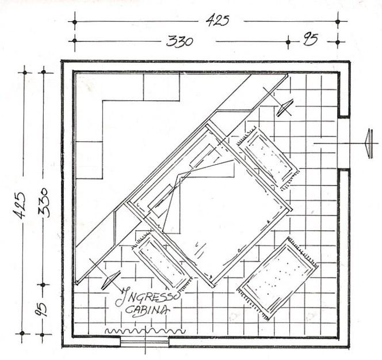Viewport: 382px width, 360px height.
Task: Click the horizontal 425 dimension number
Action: coord(217,21)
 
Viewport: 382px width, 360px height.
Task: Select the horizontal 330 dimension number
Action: coord(179,41)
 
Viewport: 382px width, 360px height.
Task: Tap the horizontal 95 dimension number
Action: coord(311,41)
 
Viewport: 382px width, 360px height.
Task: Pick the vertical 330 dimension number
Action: coord(43,202)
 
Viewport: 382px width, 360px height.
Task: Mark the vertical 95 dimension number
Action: coord(42,310)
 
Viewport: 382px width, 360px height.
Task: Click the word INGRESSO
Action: coord(148,298)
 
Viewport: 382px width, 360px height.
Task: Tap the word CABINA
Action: coord(147,310)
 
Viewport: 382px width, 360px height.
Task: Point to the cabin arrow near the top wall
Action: coord(284,107)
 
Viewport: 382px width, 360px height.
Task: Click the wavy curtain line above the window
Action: coord(144,331)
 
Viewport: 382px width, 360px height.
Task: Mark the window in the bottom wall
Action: coord(144,342)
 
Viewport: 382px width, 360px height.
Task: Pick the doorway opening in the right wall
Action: coord(343,143)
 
